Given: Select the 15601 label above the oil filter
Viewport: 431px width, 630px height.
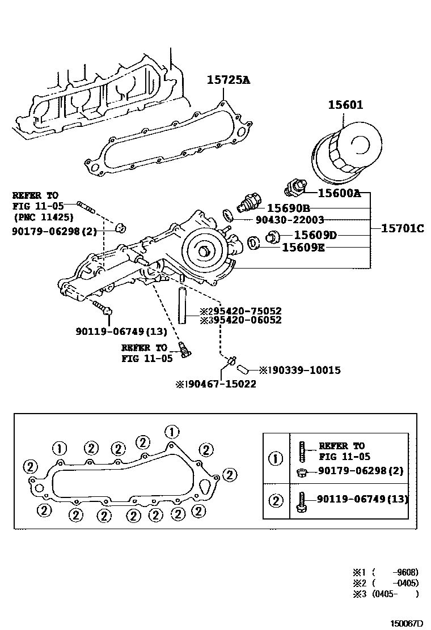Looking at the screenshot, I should coord(345,105).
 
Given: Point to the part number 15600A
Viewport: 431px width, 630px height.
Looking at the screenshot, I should coord(339,193).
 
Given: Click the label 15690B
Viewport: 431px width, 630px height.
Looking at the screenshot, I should coord(289,208).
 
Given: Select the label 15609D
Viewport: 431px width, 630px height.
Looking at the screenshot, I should coord(315,235).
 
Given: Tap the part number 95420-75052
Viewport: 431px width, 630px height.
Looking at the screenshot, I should coord(245,311).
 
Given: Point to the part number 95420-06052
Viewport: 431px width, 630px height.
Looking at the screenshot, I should coord(245,320).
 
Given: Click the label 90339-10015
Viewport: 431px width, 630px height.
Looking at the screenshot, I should coord(304,370).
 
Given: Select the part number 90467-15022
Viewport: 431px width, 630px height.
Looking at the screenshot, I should coord(219,384).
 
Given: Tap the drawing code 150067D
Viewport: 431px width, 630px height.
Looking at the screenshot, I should coord(406,623).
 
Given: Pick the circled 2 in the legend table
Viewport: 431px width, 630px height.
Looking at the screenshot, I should coord(276,500).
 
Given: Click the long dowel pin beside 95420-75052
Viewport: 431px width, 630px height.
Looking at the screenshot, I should coord(184,306).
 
